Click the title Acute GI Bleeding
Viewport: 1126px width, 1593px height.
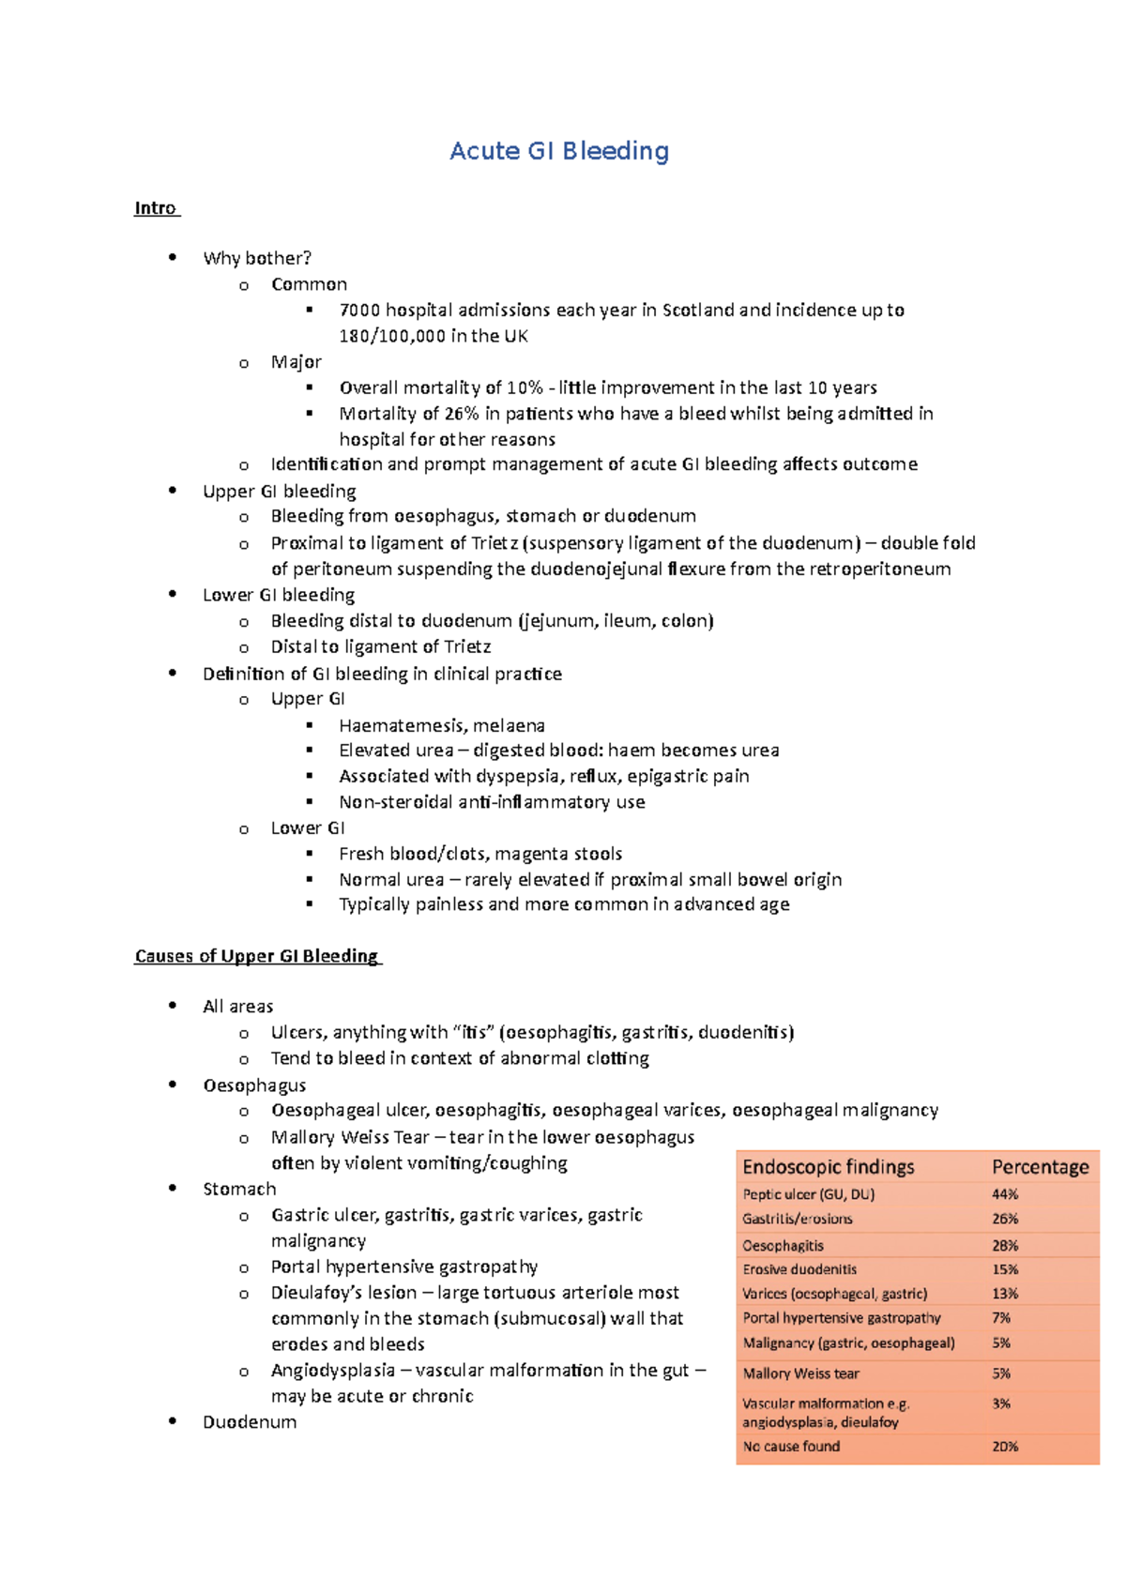click(559, 151)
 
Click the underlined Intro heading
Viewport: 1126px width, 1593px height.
click(155, 208)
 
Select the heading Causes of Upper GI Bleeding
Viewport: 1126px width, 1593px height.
click(256, 956)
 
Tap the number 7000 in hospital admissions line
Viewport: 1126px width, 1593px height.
click(359, 311)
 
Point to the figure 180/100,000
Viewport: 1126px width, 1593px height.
click(392, 336)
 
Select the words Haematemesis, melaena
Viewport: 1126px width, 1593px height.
click(441, 725)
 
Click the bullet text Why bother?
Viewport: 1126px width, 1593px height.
click(256, 258)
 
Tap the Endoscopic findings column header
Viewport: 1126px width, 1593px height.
click(828, 1167)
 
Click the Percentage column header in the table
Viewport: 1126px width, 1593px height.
click(1040, 1167)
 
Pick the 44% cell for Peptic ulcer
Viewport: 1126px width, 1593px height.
click(1005, 1194)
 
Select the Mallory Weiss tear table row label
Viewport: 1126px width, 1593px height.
click(800, 1373)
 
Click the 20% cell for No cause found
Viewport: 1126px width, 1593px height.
click(1005, 1447)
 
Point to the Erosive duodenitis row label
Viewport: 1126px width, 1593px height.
click(799, 1269)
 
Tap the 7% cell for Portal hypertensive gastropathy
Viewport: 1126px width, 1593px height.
click(1001, 1318)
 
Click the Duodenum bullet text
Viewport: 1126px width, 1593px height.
click(250, 1422)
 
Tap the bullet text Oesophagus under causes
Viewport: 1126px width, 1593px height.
click(254, 1085)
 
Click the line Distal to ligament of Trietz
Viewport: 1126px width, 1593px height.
click(380, 646)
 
